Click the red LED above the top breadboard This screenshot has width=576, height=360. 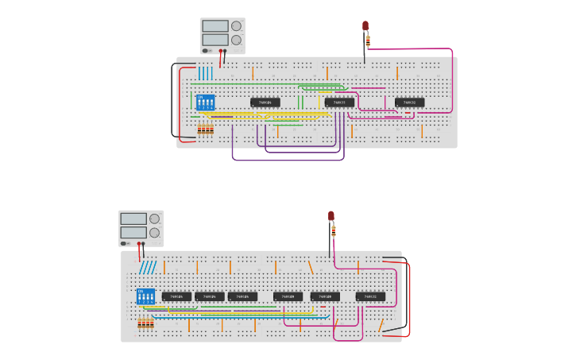pyautogui.click(x=365, y=26)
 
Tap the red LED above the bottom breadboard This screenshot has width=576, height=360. pyautogui.click(x=331, y=216)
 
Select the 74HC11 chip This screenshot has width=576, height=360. pyautogui.click(x=339, y=103)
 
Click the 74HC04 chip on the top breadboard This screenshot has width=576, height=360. pyautogui.click(x=265, y=103)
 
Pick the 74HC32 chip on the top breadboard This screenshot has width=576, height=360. pyautogui.click(x=410, y=103)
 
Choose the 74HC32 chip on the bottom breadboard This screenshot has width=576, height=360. pyautogui.click(x=370, y=296)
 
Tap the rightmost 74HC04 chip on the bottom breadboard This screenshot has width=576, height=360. pyautogui.click(x=242, y=296)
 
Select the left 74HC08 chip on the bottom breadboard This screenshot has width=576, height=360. pyautogui.click(x=288, y=296)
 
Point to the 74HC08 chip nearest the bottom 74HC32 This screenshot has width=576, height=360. pyautogui.click(x=326, y=296)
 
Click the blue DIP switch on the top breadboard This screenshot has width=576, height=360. pyautogui.click(x=206, y=103)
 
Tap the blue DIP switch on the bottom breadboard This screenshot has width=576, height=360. pyautogui.click(x=145, y=296)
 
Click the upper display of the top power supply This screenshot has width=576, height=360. pyautogui.click(x=215, y=26)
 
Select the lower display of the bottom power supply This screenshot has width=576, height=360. pyautogui.click(x=133, y=233)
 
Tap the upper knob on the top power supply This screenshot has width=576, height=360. pyautogui.click(x=236, y=26)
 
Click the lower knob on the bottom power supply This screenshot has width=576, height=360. pyautogui.click(x=154, y=233)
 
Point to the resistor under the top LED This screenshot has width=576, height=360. pyautogui.click(x=367, y=41)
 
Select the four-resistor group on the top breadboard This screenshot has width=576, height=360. pyautogui.click(x=206, y=129)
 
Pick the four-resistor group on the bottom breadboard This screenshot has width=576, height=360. pyautogui.click(x=145, y=323)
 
